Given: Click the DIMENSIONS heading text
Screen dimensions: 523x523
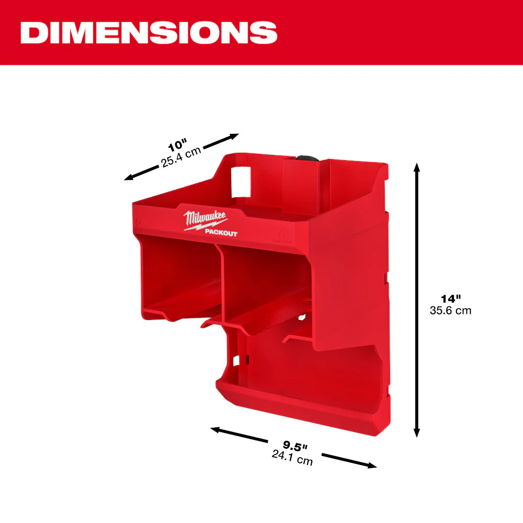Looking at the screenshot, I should (149, 32).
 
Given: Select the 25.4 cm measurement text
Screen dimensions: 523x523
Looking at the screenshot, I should (181, 156).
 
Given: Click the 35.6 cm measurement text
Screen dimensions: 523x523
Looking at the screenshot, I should (450, 310).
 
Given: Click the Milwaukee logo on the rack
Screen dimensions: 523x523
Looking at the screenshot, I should (205, 218).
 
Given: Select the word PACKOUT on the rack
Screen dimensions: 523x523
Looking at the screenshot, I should (221, 233).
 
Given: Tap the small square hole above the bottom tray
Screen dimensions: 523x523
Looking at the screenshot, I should (236, 360).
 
